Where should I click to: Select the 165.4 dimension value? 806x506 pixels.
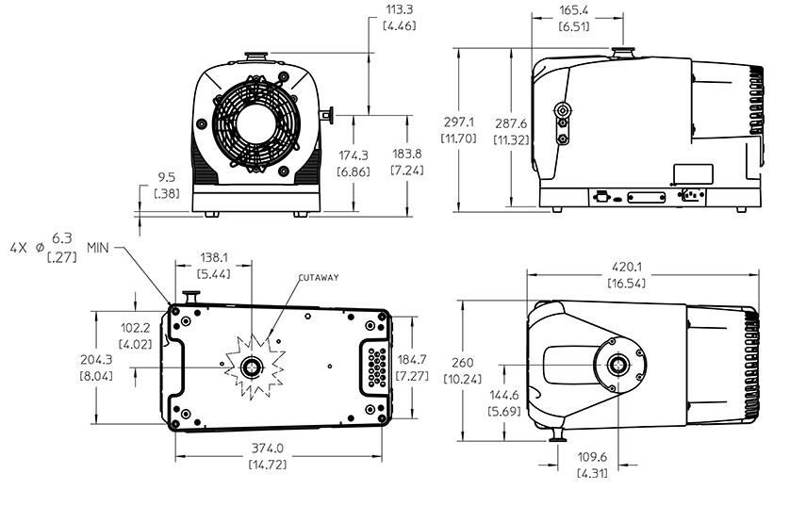pos(575,9)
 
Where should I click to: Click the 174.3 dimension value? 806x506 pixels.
pos(354,155)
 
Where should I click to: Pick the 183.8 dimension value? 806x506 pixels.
pos(402,155)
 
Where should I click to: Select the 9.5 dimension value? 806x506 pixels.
pos(166,176)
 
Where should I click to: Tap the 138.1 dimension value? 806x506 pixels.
pos(213,255)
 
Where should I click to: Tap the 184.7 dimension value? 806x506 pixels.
pos(412,359)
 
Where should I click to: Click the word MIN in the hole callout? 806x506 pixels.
pos(99,246)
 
